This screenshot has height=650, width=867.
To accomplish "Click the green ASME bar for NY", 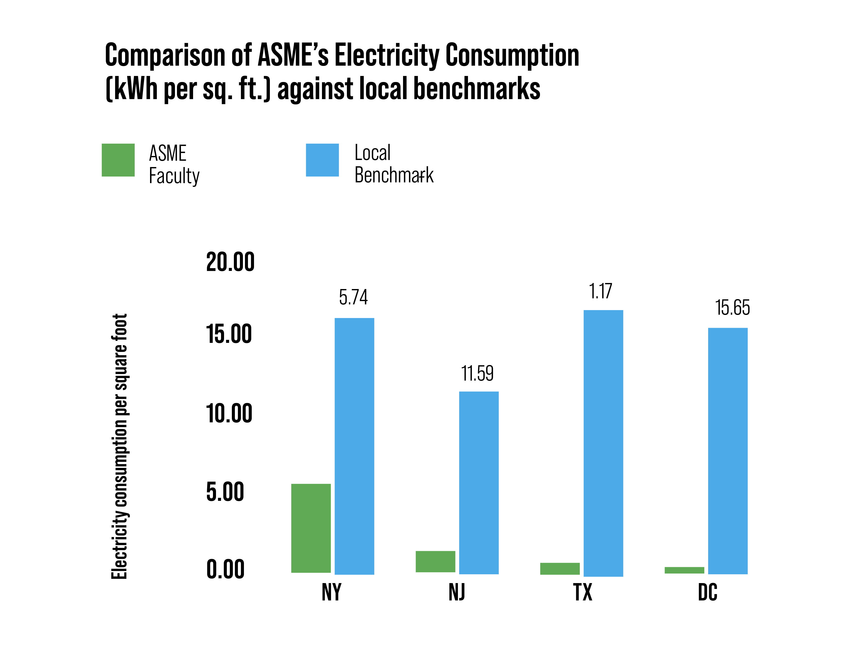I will (311, 528).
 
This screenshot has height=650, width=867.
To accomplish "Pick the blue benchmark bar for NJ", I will (479, 483).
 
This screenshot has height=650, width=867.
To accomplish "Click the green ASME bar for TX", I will (560, 568).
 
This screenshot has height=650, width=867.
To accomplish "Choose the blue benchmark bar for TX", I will (603, 443).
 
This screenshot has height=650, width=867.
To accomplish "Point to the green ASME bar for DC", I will (684, 570).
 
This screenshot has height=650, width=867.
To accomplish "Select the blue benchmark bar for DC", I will (728, 451).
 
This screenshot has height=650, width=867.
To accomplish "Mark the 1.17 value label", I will (600, 291).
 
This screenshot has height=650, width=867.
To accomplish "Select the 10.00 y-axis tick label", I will (229, 414).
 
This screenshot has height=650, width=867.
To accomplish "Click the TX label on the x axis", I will (583, 592).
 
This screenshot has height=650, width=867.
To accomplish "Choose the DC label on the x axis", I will (707, 592).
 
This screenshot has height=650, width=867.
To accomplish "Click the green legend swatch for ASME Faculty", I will (118, 160).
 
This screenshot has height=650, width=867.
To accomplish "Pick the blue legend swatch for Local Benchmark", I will (322, 160).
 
